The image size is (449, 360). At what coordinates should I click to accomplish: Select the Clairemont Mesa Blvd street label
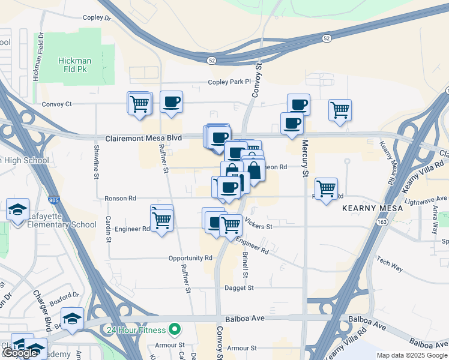click(143, 138)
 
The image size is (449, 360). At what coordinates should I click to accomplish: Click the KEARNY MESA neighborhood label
click(367, 208)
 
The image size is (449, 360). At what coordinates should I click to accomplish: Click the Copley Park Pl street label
click(228, 82)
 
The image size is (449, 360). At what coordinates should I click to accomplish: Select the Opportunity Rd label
click(191, 258)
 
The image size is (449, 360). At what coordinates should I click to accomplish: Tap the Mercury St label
click(305, 159)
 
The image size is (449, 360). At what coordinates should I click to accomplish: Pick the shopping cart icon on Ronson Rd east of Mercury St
click(326, 188)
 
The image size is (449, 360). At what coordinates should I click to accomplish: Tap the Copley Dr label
click(97, 19)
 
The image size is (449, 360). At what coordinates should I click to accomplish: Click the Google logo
click(20, 353)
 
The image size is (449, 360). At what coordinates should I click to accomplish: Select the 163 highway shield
click(382, 222)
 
